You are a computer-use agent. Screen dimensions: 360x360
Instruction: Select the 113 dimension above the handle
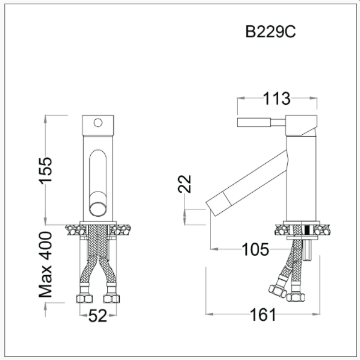276,98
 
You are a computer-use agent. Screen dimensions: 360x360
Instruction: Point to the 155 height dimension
43,172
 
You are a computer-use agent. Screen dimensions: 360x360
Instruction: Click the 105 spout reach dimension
255,249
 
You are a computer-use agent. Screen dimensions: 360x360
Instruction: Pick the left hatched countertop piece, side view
283,229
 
